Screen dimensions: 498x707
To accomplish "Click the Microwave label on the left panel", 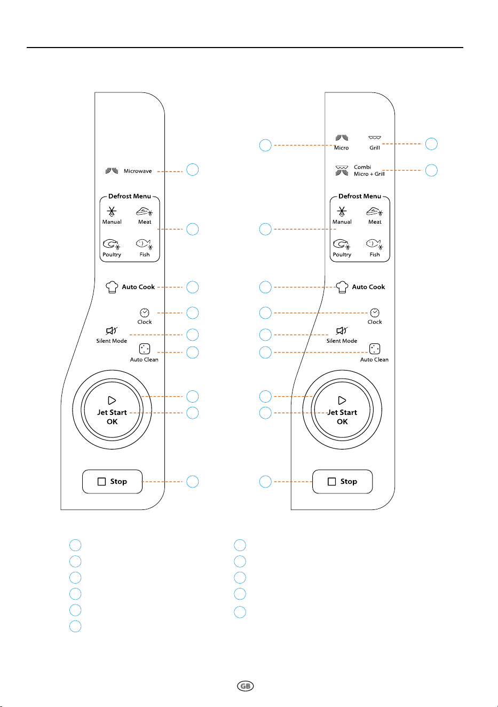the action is click(x=138, y=171).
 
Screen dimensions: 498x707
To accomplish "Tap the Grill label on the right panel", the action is click(x=375, y=148).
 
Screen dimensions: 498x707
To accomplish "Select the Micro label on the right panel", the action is click(x=342, y=148).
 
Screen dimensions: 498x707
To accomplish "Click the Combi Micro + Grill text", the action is click(x=369, y=170).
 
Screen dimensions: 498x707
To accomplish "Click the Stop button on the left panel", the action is click(x=112, y=481).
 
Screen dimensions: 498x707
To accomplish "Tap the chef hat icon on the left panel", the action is click(x=112, y=287).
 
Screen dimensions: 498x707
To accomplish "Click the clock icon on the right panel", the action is click(x=375, y=312).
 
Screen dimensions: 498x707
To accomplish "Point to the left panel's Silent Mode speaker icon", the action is click(x=112, y=331).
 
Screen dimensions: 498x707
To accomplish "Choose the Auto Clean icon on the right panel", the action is click(x=375, y=349).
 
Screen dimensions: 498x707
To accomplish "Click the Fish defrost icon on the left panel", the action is click(x=145, y=244).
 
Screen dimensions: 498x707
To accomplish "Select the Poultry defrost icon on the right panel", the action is click(x=342, y=244).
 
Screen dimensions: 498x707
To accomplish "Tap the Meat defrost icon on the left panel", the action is click(x=145, y=211).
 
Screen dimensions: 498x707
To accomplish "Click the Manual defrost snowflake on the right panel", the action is click(x=342, y=211).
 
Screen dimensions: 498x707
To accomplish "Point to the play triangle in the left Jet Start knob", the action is click(x=112, y=400).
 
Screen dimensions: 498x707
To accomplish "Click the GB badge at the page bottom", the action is click(x=246, y=686).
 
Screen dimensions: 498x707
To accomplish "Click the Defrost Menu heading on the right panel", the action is click(x=360, y=196).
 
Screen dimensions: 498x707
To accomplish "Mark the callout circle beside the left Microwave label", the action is click(x=193, y=170).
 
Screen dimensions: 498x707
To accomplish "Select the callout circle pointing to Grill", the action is click(x=431, y=144).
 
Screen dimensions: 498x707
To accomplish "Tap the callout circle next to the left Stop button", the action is click(x=193, y=482).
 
